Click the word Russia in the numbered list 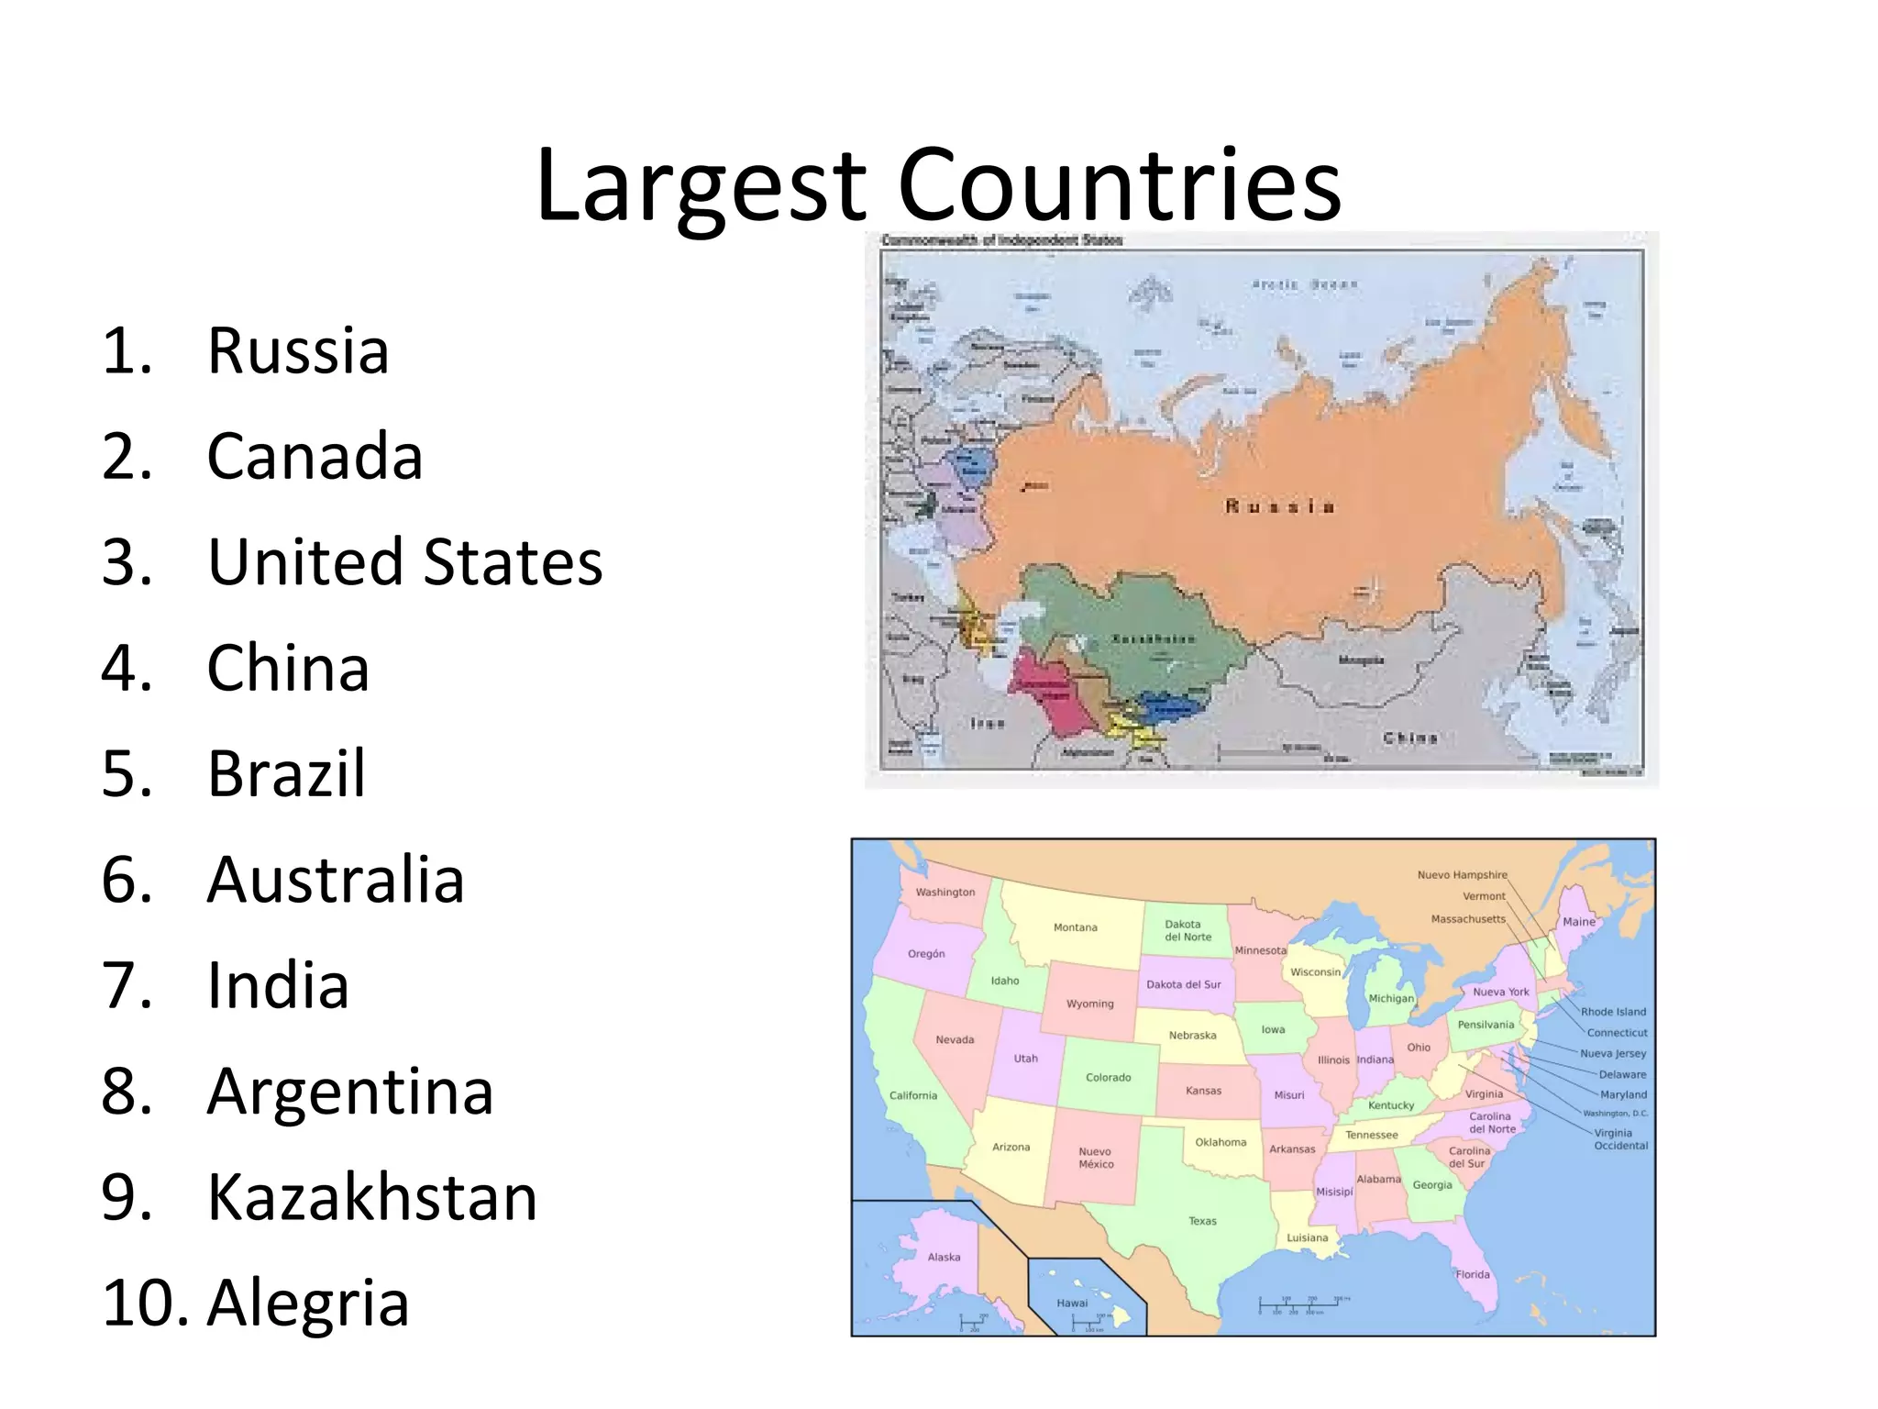[x=298, y=351]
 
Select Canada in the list [x=315, y=457]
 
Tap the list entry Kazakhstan [x=371, y=1198]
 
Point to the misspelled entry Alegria [x=307, y=1304]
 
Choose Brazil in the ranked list [x=286, y=774]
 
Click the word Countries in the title [x=1119, y=185]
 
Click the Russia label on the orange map [x=1280, y=506]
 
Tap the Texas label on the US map [x=1202, y=1221]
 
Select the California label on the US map [x=913, y=1095]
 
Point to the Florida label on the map [x=1473, y=1274]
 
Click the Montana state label [x=1075, y=927]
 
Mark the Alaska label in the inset [x=944, y=1257]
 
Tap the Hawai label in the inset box [x=1072, y=1303]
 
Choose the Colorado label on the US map [x=1108, y=1077]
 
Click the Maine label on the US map [x=1579, y=922]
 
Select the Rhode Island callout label [x=1613, y=1012]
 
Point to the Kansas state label [x=1203, y=1091]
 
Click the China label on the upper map [x=1410, y=738]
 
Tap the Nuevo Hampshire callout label [x=1462, y=875]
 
